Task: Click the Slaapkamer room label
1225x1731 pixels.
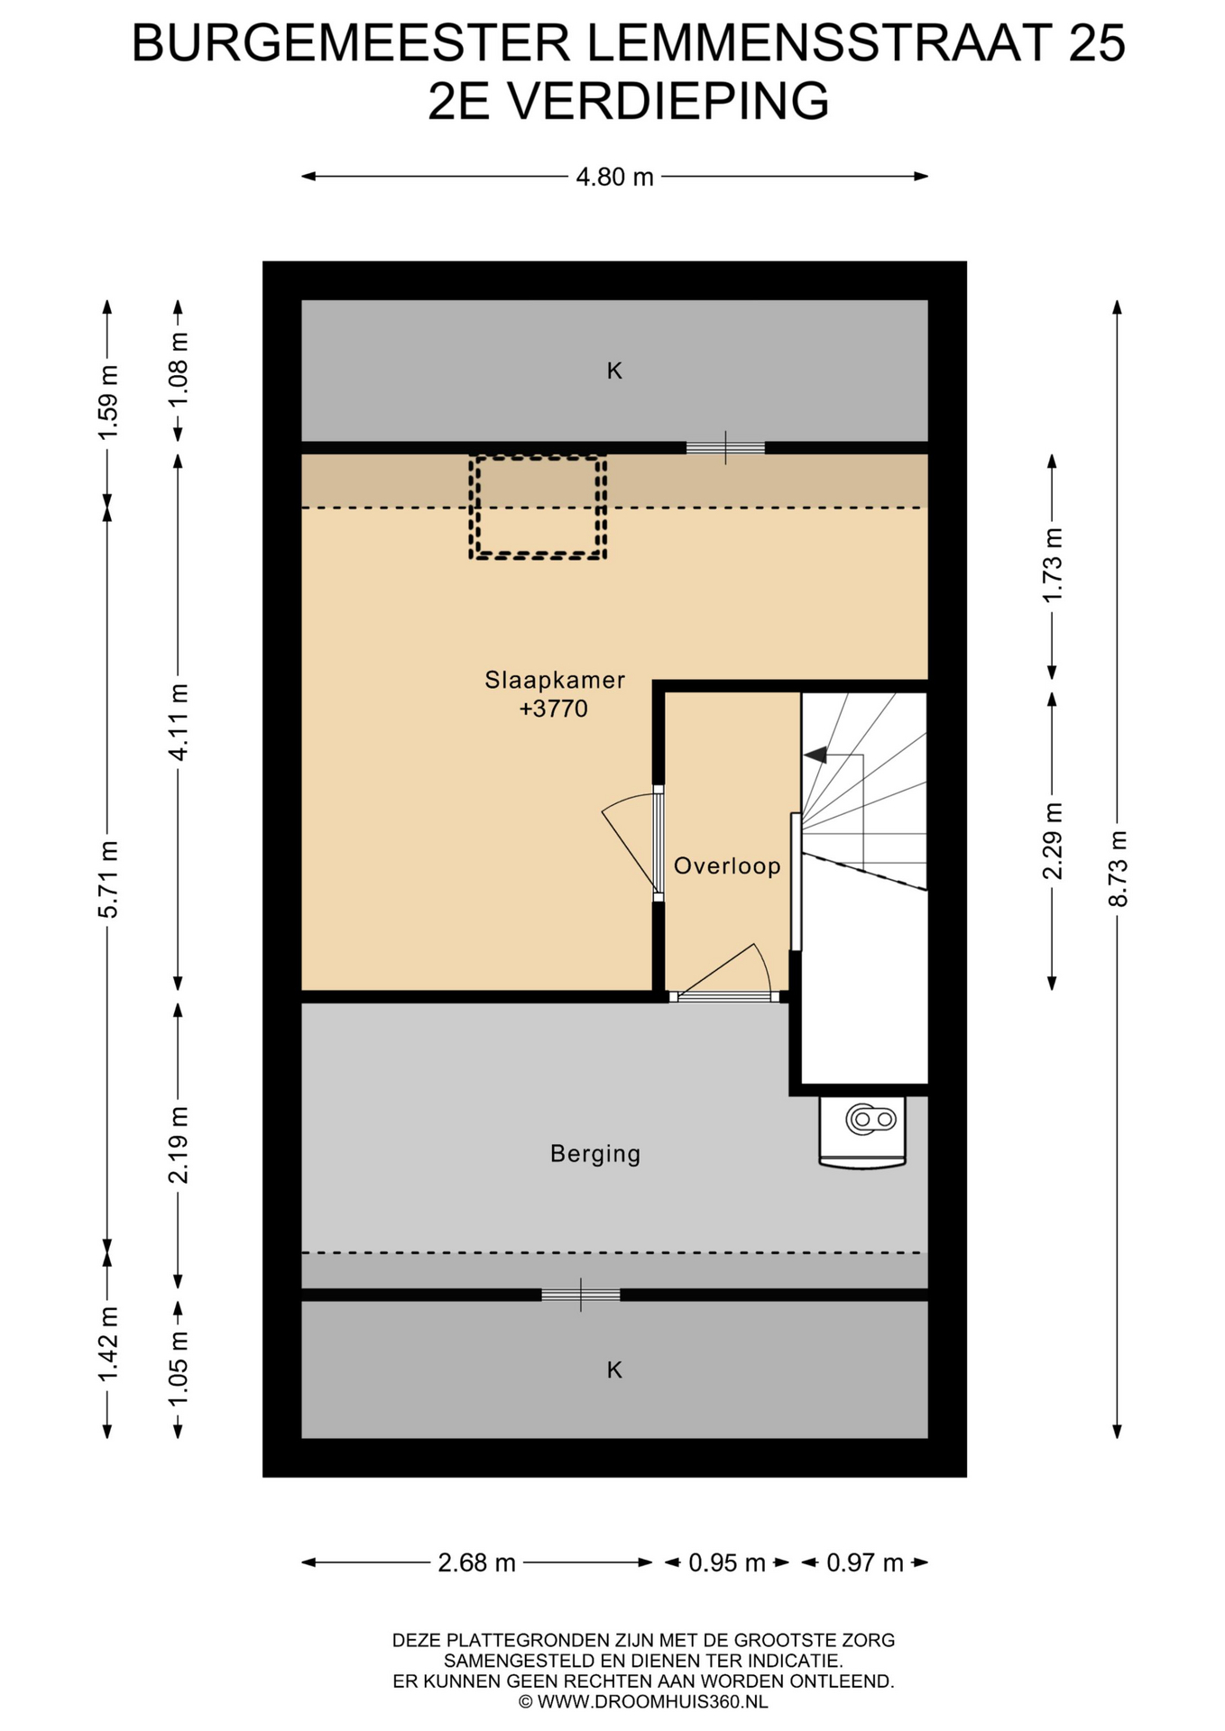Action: coord(555,680)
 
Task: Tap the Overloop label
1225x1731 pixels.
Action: coord(727,866)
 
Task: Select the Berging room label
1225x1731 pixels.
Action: coord(595,1154)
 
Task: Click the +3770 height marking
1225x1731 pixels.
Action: coord(554,709)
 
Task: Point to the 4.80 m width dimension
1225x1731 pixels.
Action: coord(614,177)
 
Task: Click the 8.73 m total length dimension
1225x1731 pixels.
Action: coord(1118,869)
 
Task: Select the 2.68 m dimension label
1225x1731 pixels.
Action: coord(476,1562)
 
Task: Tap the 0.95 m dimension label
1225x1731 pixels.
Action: coord(727,1562)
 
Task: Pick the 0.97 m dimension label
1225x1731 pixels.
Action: coord(865,1562)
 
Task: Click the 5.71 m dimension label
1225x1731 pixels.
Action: coord(108,880)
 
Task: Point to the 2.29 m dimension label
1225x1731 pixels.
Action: coord(1053,841)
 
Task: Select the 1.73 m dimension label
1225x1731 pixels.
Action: coord(1053,565)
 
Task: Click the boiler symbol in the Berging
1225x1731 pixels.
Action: coord(863,1132)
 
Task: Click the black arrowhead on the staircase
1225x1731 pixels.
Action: coord(815,755)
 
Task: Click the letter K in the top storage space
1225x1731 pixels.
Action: coord(614,371)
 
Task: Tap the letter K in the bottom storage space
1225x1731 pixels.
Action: coord(614,1370)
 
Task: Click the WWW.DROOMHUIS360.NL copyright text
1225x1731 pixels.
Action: coord(643,1701)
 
